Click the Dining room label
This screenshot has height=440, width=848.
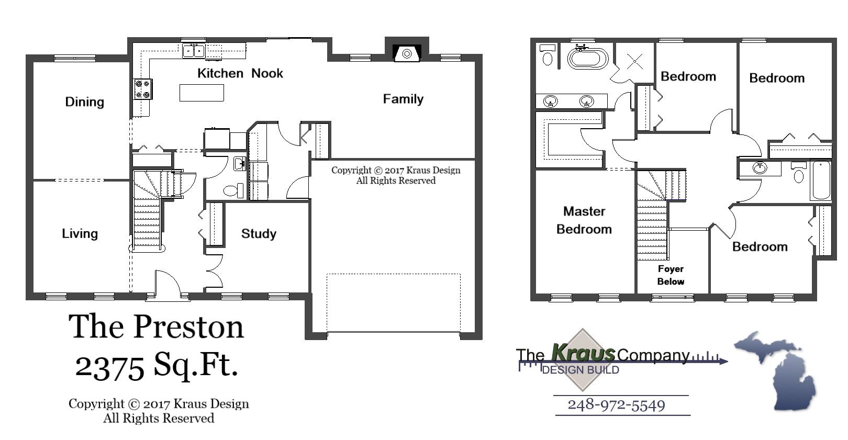[84, 101]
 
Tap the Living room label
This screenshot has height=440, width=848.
[80, 233]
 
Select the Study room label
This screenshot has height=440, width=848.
[259, 233]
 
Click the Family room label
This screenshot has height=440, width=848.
[403, 99]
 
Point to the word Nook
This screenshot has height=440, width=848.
[267, 73]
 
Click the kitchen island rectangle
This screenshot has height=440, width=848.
[202, 93]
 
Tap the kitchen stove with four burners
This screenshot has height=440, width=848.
[142, 89]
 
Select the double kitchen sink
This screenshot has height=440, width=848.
[194, 51]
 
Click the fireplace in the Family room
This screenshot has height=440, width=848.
[407, 53]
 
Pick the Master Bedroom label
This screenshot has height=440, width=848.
[584, 220]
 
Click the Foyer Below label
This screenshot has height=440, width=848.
[671, 275]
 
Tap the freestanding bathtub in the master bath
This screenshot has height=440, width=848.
[588, 58]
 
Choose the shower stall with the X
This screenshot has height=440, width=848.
[634, 61]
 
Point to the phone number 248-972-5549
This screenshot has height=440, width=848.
[616, 405]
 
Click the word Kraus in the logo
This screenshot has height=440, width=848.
[583, 353]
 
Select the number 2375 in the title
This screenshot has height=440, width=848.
[109, 365]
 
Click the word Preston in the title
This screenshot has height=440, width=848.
[188, 327]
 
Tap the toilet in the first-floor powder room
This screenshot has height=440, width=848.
[233, 190]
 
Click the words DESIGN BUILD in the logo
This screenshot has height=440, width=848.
[581, 370]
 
